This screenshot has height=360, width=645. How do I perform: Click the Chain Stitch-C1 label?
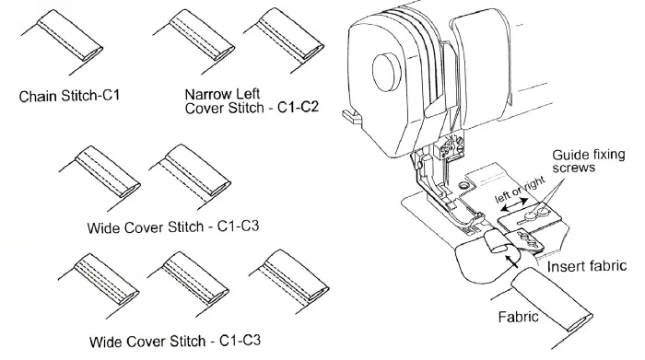(70, 95)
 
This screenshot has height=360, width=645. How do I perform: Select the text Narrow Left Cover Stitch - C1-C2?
(251, 101)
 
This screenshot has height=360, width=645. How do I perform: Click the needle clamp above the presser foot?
(451, 147)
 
